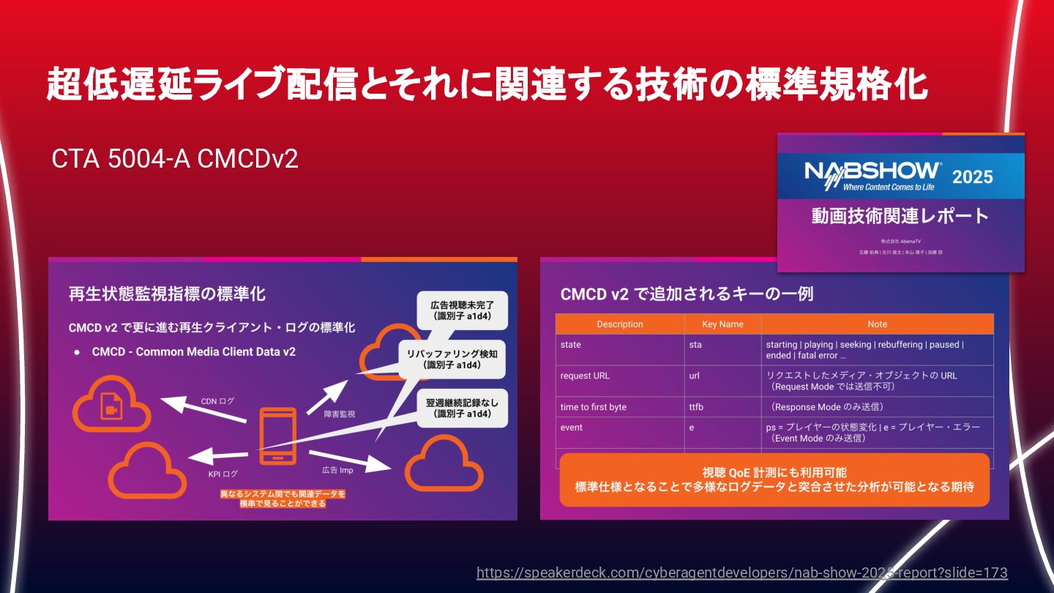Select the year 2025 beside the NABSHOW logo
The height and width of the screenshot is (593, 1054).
point(972,176)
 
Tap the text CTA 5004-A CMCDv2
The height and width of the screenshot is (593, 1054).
point(175,159)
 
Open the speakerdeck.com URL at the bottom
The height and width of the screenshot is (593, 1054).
point(741,573)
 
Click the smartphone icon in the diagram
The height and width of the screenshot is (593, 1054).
point(278,436)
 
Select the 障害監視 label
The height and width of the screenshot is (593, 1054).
point(340,414)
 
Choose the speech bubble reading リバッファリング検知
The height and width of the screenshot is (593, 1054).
point(452,359)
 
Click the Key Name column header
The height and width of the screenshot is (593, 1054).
point(722,324)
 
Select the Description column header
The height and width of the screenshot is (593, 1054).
point(619,324)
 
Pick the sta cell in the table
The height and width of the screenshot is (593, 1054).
point(695,344)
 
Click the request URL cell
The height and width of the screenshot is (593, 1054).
point(585,376)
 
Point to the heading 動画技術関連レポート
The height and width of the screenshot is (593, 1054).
point(900,216)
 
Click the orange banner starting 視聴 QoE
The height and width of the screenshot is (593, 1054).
point(774,480)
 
